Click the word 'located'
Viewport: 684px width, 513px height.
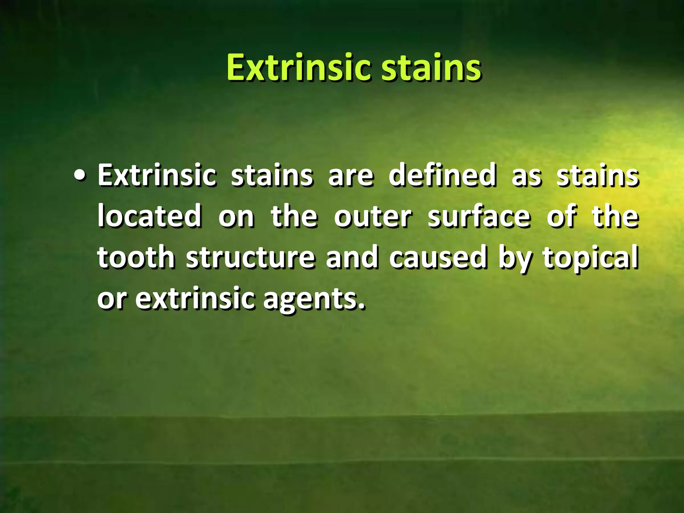(149, 216)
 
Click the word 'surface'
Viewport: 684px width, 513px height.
(479, 216)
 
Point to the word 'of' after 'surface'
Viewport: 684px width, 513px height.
(561, 216)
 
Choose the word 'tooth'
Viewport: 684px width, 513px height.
(136, 257)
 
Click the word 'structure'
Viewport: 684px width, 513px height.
(250, 257)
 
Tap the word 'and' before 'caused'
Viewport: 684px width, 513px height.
(352, 257)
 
